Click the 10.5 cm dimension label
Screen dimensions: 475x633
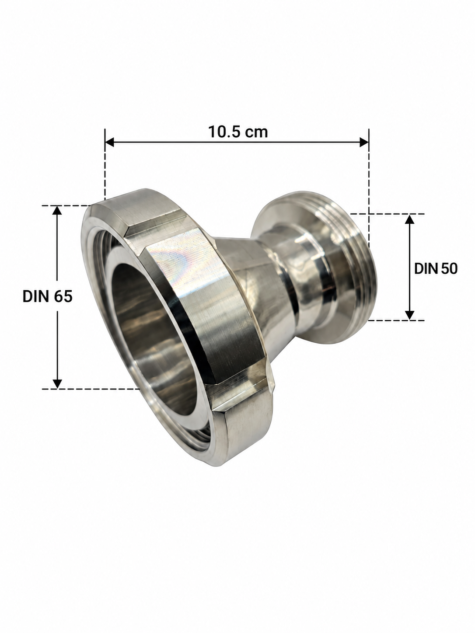(x=238, y=132)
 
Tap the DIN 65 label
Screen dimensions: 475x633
(x=47, y=296)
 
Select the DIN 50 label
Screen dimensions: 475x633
(x=436, y=269)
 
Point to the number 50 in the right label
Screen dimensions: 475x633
(x=449, y=269)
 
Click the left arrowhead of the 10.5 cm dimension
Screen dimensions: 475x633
(x=110, y=142)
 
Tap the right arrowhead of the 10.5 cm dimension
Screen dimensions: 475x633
(x=364, y=142)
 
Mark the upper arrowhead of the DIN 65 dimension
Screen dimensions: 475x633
(x=57, y=210)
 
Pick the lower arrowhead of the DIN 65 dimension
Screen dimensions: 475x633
(x=57, y=384)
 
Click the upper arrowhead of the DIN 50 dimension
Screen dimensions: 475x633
(x=409, y=219)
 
